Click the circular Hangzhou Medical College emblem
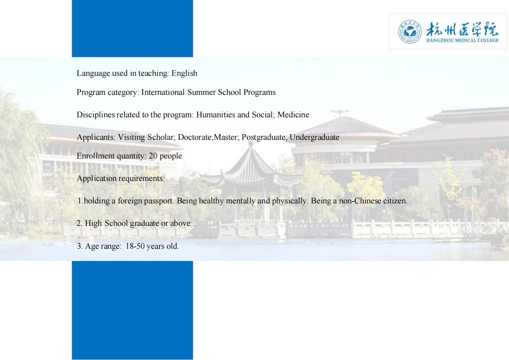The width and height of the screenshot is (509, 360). [410, 32]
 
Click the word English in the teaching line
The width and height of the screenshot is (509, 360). [184, 74]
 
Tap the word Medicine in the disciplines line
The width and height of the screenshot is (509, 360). [293, 115]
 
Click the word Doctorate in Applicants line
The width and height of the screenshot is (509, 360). [195, 137]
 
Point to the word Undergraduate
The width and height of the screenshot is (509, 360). [314, 138]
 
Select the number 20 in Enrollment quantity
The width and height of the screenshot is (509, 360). [153, 156]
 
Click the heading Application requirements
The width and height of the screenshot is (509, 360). [121, 178]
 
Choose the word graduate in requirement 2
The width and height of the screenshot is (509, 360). [144, 224]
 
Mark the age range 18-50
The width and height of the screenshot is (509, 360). [135, 246]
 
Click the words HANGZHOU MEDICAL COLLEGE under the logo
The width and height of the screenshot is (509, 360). [463, 40]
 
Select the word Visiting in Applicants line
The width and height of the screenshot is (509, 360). [131, 137]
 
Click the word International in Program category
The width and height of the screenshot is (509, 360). [163, 92]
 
